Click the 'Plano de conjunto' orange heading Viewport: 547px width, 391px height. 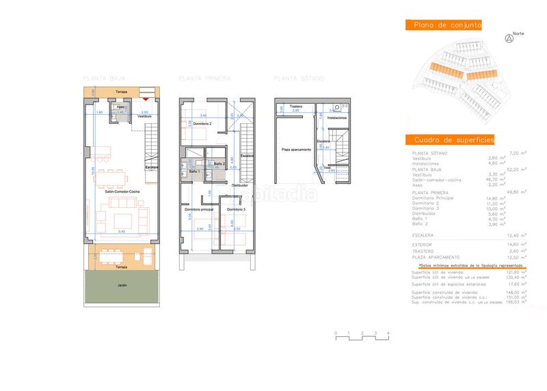pyautogui.click(x=444, y=25)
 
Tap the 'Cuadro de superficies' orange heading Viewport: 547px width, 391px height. pyautogui.click(x=449, y=139)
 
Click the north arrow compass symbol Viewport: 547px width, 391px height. pyautogui.click(x=508, y=39)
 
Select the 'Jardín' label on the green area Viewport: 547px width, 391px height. pyautogui.click(x=122, y=284)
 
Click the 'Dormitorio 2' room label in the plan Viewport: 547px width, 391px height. pyautogui.click(x=201, y=123)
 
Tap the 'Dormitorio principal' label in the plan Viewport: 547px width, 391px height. pyautogui.click(x=199, y=208)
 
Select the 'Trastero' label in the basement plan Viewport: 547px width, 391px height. pyautogui.click(x=295, y=107)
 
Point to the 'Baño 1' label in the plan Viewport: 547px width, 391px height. pyautogui.click(x=194, y=172)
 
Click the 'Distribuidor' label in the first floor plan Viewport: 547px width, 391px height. pyautogui.click(x=239, y=185)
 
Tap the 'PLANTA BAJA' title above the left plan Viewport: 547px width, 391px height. pyautogui.click(x=103, y=78)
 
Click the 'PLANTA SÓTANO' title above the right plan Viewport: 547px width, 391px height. pyautogui.click(x=299, y=78)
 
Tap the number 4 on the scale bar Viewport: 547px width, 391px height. pyautogui.click(x=388, y=332)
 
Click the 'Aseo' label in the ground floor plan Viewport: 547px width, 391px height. pyautogui.click(x=120, y=107)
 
